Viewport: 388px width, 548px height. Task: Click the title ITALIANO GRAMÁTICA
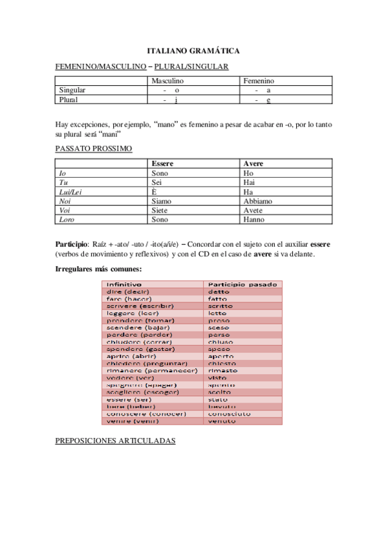tap(193, 50)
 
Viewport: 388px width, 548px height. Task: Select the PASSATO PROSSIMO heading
tap(94, 149)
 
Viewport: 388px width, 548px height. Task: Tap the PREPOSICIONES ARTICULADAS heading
tap(115, 441)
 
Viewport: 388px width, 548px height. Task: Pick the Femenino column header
tap(259, 81)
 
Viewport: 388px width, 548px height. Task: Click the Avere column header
tap(253, 164)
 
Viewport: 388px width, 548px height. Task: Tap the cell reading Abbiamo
tap(257, 201)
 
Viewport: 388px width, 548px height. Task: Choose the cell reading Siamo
tap(163, 201)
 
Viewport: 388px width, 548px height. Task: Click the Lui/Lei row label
tap(70, 192)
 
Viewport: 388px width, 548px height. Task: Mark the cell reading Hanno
tap(254, 219)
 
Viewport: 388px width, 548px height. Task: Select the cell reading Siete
tap(160, 210)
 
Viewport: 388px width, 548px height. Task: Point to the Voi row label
tap(65, 210)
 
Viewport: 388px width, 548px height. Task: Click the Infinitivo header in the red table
tap(124, 284)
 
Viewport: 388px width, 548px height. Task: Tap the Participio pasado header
tap(242, 284)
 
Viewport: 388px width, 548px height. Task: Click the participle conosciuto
tap(229, 414)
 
